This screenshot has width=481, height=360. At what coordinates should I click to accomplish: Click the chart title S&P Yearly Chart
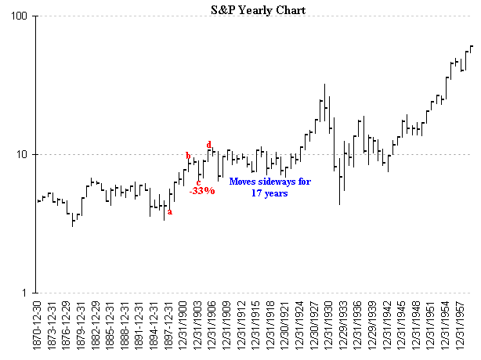pos(259,10)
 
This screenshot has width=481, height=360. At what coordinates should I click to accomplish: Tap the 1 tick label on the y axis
pos(25,293)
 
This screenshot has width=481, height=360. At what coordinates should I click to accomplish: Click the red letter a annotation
pos(170,211)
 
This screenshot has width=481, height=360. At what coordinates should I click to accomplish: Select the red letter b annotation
pos(188,156)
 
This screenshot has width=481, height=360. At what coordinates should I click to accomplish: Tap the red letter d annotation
pos(209,145)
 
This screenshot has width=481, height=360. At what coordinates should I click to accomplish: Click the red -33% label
pos(202,191)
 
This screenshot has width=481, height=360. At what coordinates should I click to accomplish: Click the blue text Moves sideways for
pos(268,181)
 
